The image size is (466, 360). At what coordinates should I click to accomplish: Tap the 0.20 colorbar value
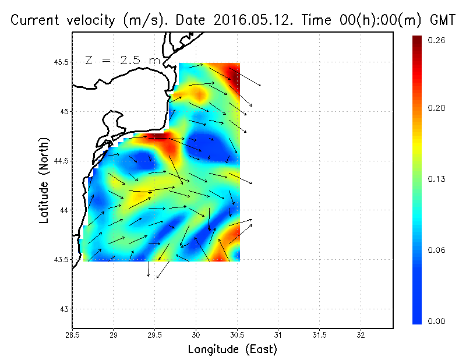point(436,108)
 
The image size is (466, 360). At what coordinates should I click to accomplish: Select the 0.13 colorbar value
point(436,179)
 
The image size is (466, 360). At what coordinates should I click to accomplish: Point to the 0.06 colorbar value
point(436,250)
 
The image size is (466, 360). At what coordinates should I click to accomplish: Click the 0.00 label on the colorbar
point(436,321)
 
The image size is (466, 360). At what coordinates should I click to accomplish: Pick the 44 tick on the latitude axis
point(63,210)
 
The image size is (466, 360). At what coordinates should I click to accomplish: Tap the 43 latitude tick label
point(63,309)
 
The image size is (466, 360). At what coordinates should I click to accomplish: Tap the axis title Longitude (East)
point(232,350)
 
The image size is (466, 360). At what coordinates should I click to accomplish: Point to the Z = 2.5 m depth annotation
point(122,60)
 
